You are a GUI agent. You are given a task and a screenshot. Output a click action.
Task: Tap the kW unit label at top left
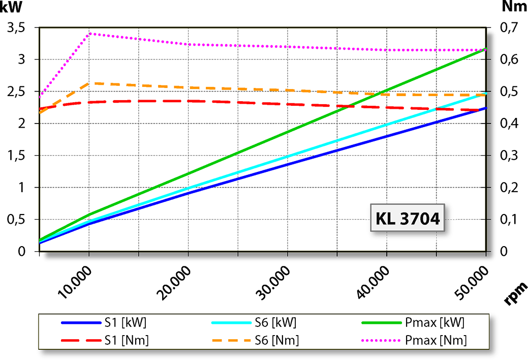coord(11,7)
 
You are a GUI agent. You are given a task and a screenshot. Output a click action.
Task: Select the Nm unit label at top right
coord(513,7)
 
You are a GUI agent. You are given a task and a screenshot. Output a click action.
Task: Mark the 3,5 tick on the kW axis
coord(17,28)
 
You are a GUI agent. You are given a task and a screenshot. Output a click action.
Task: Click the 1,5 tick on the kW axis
coord(17,156)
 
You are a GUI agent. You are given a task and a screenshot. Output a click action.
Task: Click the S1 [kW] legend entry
coord(105,322)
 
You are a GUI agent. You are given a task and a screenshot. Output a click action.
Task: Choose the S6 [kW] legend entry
coord(254,322)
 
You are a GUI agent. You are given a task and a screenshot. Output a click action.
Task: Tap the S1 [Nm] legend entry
coord(105,340)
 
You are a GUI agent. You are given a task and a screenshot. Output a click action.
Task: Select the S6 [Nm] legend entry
coord(254,340)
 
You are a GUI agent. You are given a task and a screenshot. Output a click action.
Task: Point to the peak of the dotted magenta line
coord(89,34)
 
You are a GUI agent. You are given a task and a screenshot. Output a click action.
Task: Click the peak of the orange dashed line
coord(89,83)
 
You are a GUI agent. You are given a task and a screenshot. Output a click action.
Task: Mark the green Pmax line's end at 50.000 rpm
coord(486,49)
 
